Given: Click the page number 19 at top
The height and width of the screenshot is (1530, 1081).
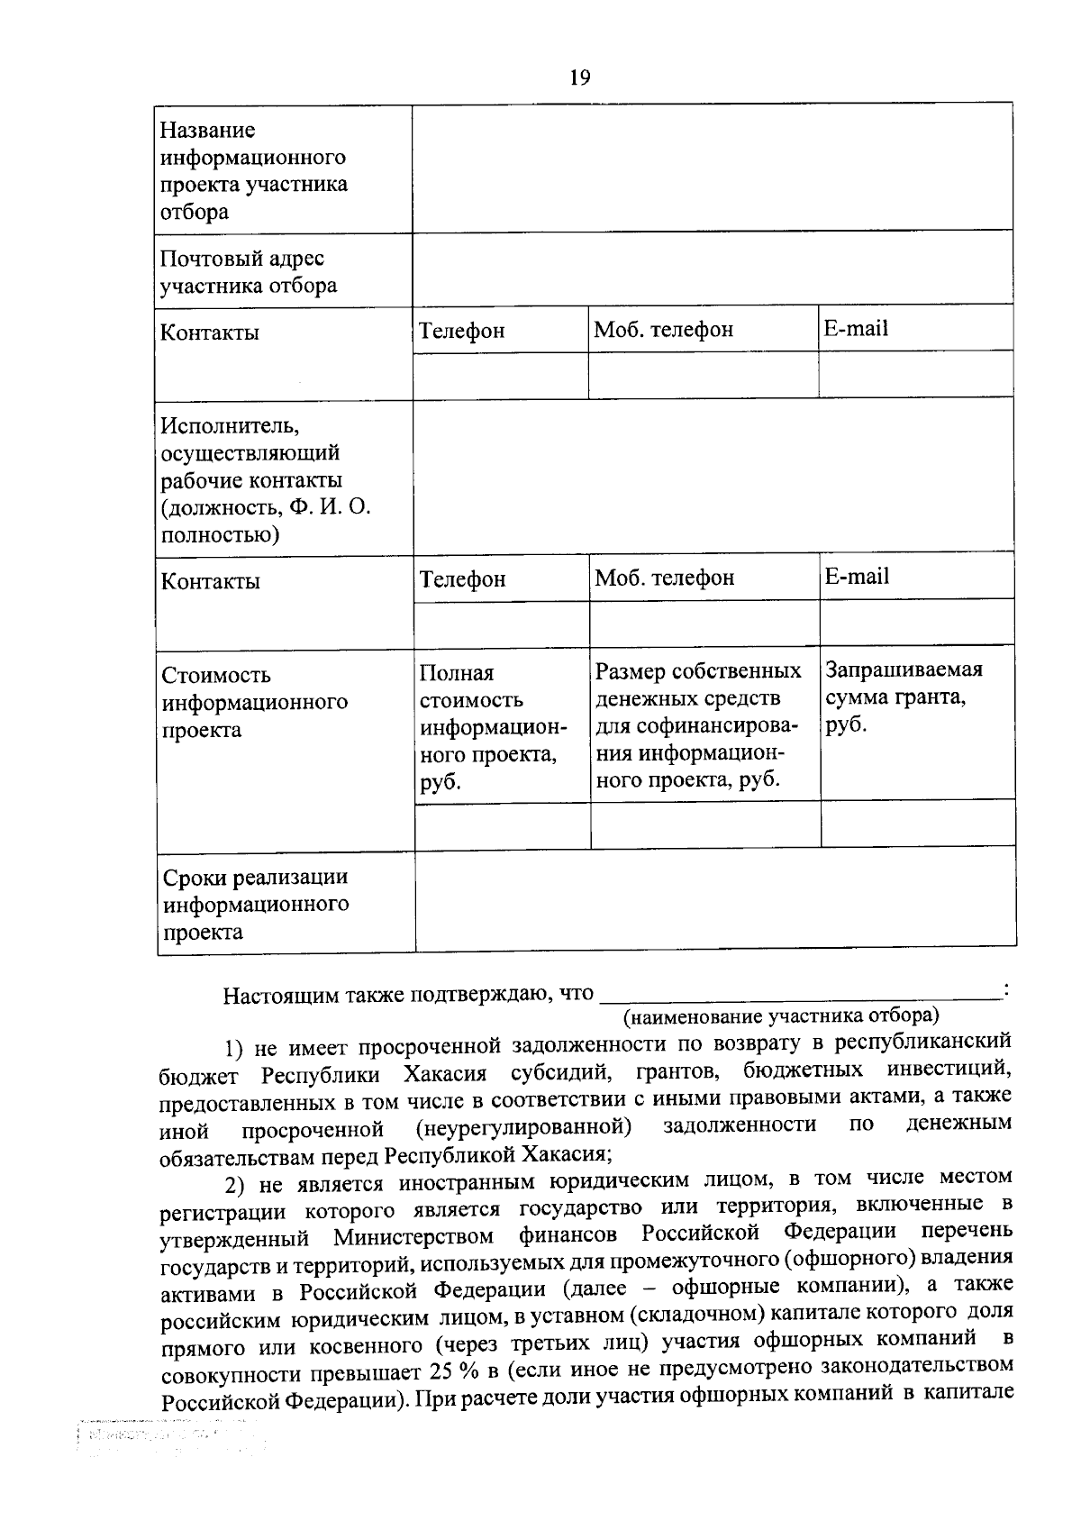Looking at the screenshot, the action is click(x=579, y=77).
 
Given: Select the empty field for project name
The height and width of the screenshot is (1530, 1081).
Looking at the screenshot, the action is click(x=712, y=168).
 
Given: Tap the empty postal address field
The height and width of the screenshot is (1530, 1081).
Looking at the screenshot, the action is click(x=712, y=269).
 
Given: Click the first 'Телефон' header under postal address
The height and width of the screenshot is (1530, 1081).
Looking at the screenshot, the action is click(x=461, y=331).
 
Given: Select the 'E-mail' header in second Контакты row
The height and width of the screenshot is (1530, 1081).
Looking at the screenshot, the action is click(x=856, y=577).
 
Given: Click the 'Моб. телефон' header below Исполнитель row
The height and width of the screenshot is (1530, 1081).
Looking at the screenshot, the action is click(x=664, y=578).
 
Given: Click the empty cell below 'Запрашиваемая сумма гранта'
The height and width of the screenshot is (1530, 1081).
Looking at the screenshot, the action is click(x=917, y=824).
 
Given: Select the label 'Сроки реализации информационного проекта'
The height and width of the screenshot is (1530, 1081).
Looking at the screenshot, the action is click(x=255, y=904).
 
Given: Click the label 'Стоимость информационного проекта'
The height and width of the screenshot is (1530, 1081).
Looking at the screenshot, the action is click(x=254, y=702).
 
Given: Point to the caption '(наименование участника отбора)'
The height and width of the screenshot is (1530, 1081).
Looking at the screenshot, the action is click(x=780, y=1016).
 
